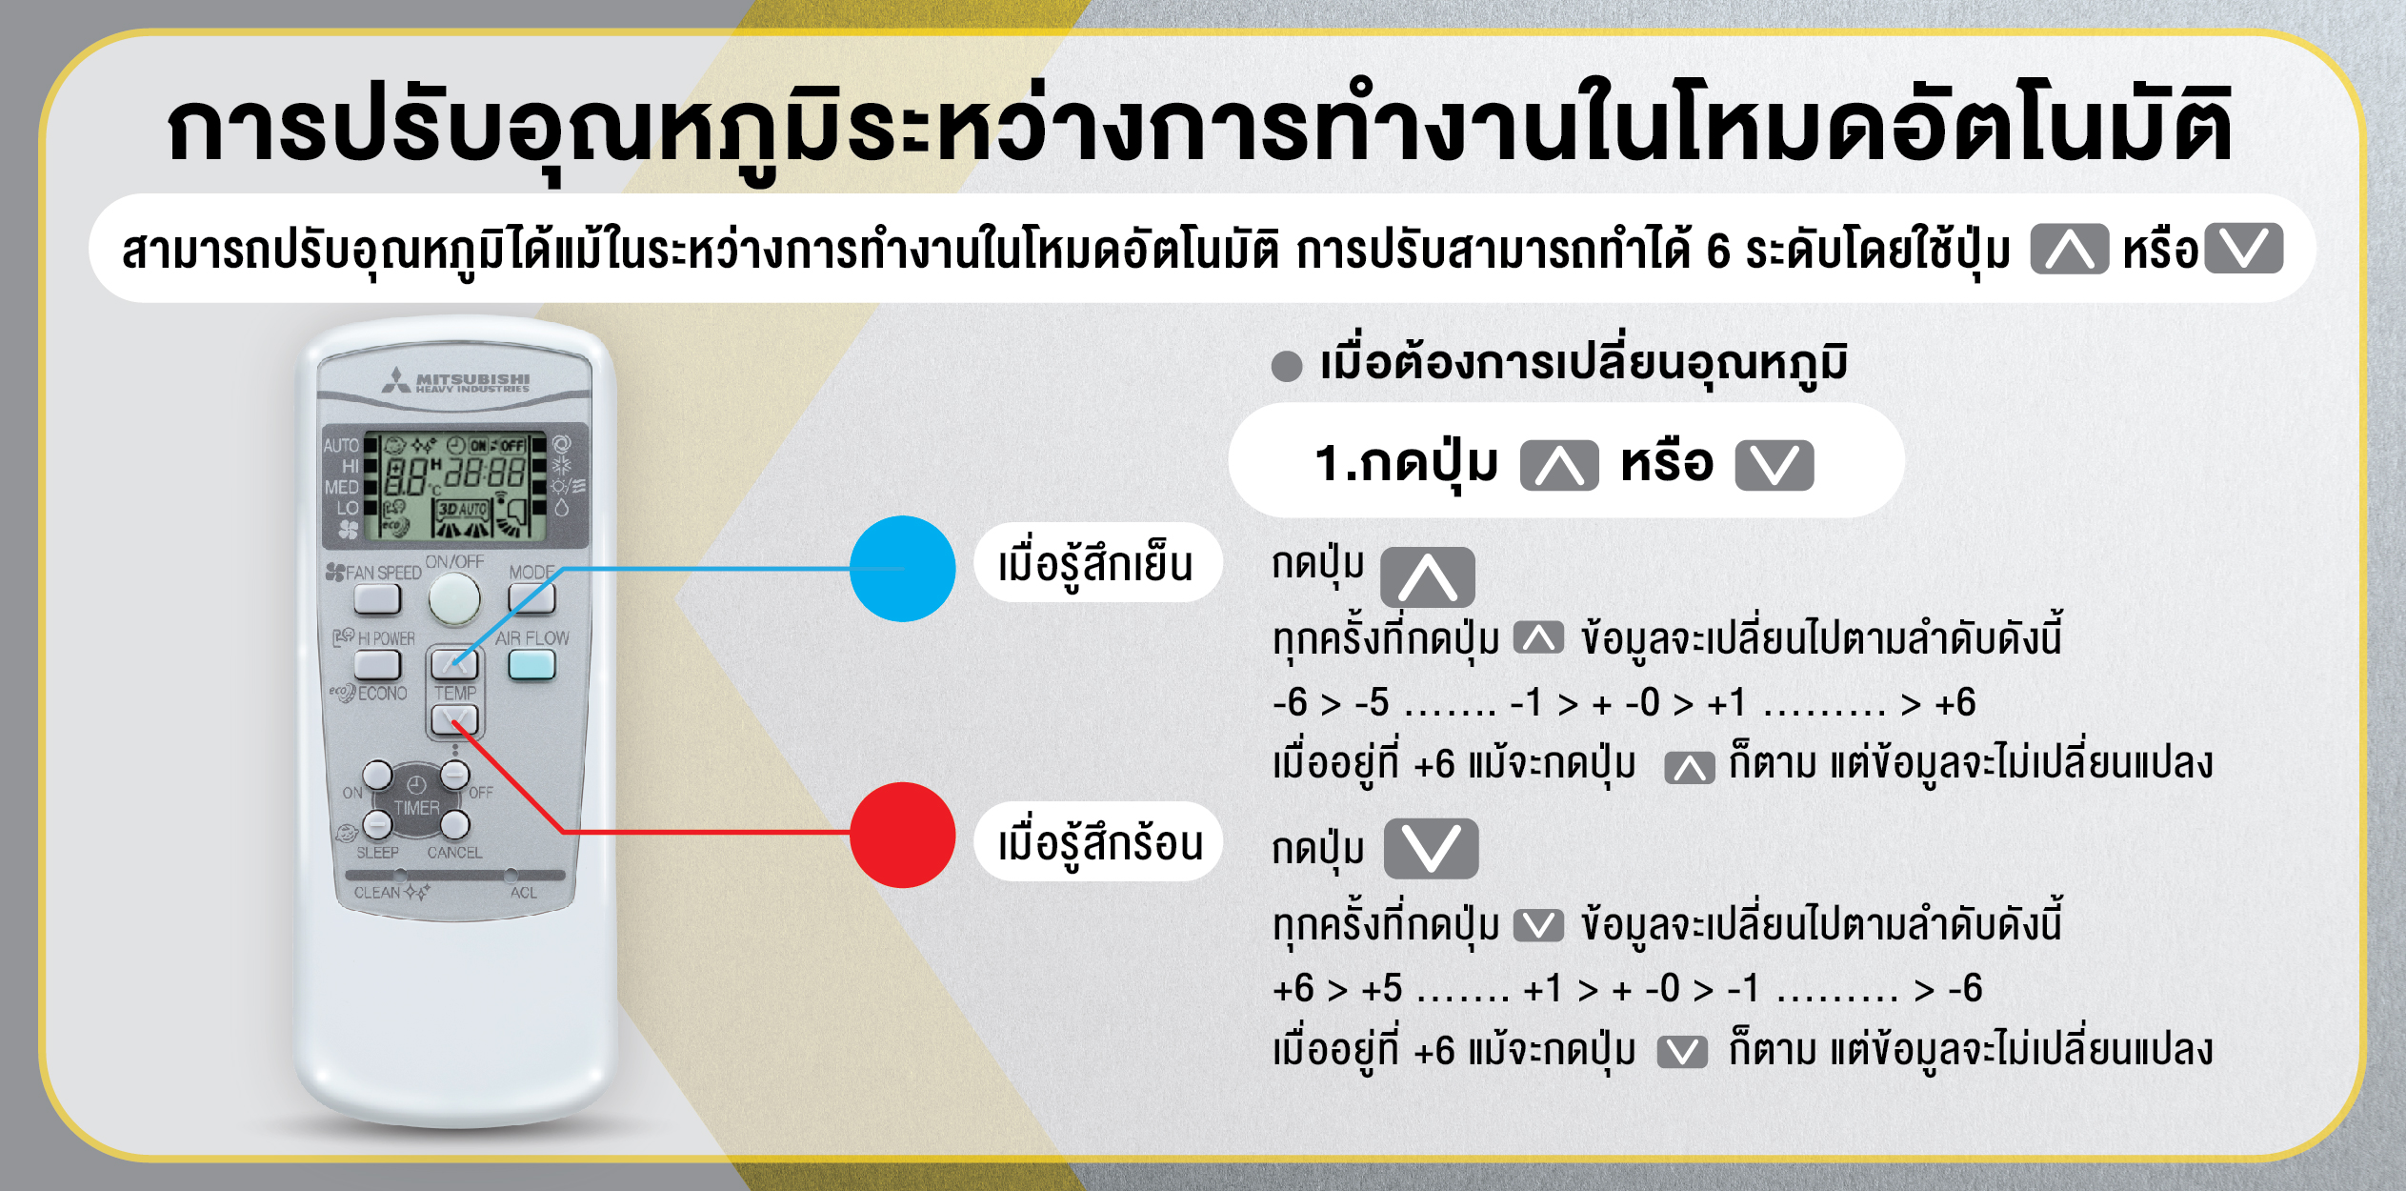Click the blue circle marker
click(902, 569)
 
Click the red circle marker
click(902, 835)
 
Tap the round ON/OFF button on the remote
click(453, 598)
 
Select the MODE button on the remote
click(531, 597)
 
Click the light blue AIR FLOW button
click(531, 664)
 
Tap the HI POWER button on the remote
click(377, 663)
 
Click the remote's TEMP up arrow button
click(454, 662)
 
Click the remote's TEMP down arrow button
click(454, 719)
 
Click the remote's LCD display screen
click(456, 486)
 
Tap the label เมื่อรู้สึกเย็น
click(1095, 564)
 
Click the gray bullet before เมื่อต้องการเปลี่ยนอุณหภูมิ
click(1287, 366)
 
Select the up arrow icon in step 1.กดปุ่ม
click(1559, 466)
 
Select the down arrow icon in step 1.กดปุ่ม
click(1774, 466)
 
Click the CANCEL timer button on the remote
click(454, 825)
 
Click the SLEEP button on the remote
click(377, 823)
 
